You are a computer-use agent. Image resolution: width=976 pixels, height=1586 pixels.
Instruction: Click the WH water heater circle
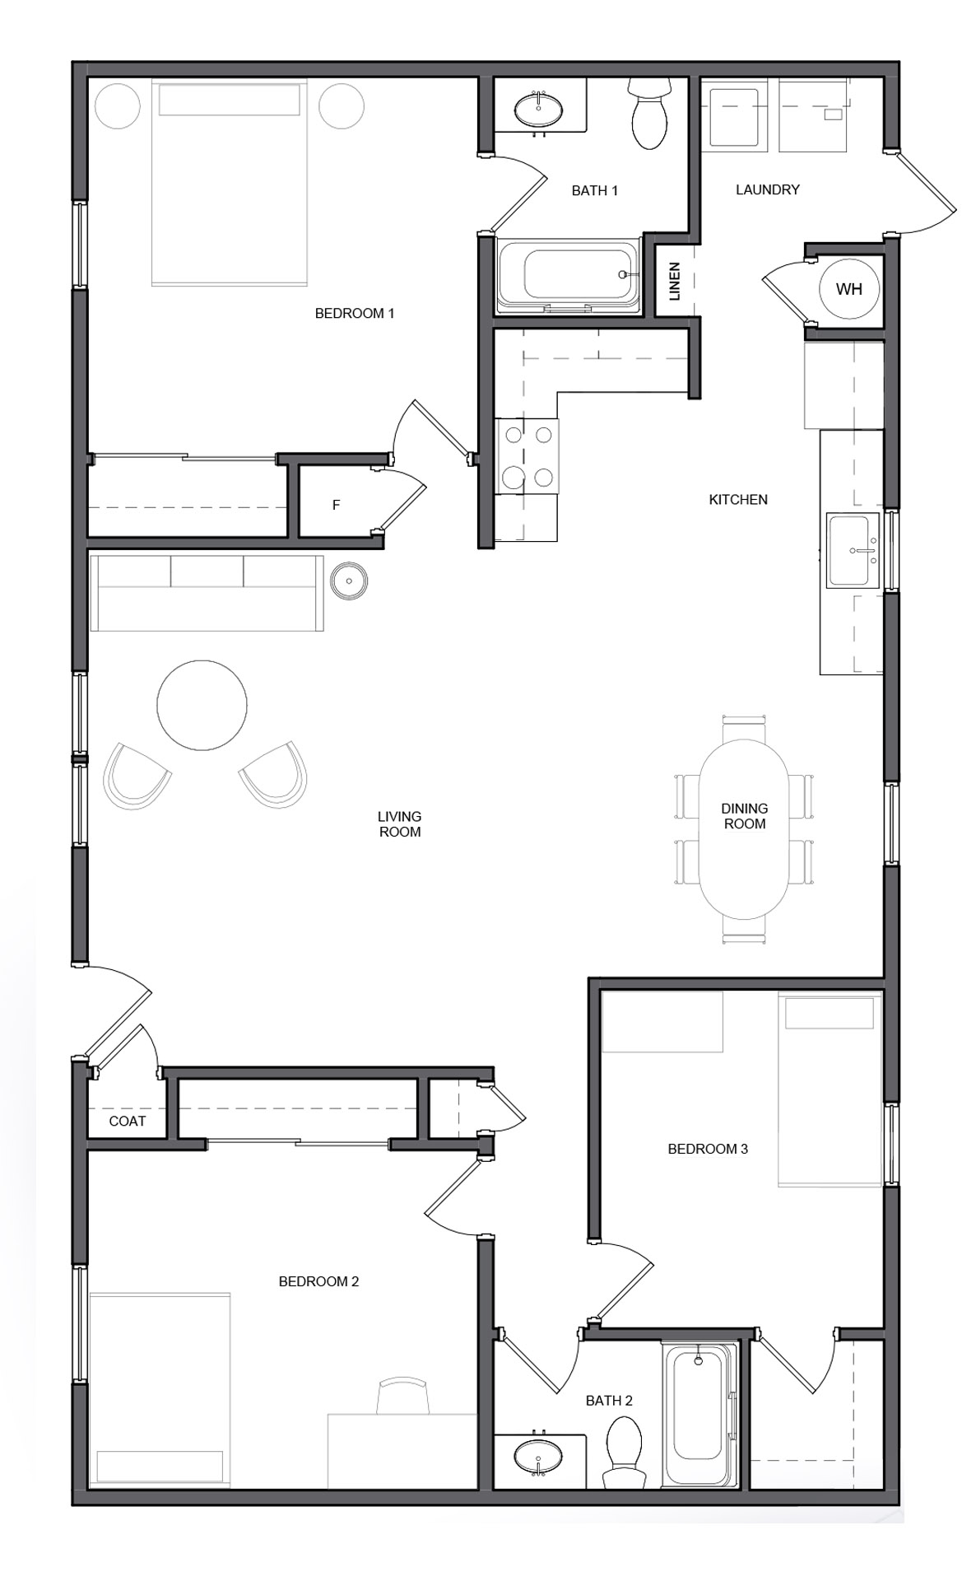849,289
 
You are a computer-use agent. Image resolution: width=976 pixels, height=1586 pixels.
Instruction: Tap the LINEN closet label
675,281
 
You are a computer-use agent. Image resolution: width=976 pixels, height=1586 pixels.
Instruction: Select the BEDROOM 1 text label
355,313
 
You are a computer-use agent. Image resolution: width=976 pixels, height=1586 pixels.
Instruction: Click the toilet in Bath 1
650,114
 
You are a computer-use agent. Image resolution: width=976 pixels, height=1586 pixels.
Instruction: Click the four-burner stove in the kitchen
527,455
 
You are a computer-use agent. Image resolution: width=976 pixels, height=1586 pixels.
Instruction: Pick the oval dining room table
744,828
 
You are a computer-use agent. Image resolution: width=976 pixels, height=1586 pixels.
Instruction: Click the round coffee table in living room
202,705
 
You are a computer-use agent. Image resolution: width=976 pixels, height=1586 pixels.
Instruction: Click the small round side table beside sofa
349,580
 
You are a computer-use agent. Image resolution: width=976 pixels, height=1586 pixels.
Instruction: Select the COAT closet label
128,1121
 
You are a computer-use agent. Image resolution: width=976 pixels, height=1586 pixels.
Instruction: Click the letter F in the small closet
336,505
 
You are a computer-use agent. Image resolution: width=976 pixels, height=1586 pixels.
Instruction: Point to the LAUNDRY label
767,189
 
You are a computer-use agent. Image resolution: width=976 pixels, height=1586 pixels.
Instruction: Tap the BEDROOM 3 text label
708,1149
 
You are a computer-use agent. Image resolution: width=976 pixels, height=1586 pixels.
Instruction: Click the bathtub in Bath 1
569,275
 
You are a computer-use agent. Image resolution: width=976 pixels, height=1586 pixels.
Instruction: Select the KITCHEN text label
738,499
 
